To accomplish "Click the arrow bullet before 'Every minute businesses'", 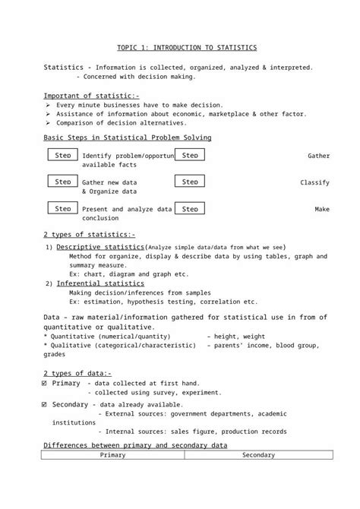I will click(48, 105).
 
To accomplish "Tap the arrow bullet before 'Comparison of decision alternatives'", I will click(48, 123).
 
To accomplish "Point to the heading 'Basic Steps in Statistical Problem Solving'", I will click(127, 138).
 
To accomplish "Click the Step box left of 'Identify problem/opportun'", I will click(64, 155).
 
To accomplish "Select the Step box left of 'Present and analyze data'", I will click(64, 208).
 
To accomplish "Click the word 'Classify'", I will click(314, 183).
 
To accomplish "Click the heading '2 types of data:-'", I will click(77, 373).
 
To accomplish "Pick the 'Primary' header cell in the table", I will click(113, 454).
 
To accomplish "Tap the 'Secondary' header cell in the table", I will click(258, 454).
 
